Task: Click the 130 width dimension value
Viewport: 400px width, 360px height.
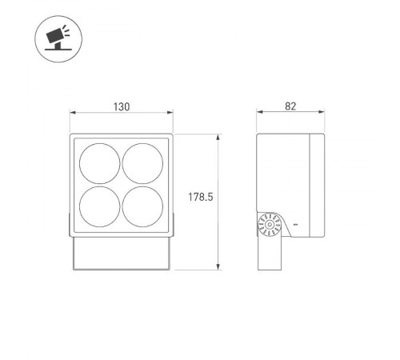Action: (121, 106)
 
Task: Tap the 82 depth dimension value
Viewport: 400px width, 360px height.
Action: (289, 106)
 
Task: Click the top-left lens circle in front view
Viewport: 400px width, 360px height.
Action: (102, 163)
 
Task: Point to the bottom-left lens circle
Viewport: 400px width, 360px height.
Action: (102, 206)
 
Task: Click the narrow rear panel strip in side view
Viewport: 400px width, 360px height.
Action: (317, 186)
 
